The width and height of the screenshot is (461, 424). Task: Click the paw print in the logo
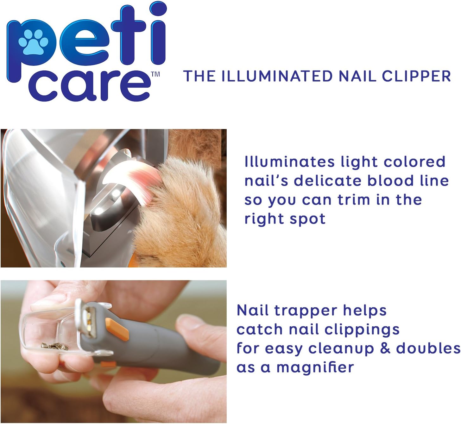click(34, 41)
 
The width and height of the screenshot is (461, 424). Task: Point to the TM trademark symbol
click(155, 74)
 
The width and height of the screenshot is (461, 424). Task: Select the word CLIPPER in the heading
click(416, 76)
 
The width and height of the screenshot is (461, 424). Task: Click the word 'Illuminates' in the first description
click(289, 162)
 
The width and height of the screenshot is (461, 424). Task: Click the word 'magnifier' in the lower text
click(315, 367)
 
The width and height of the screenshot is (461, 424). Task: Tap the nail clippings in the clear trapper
click(56, 347)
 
